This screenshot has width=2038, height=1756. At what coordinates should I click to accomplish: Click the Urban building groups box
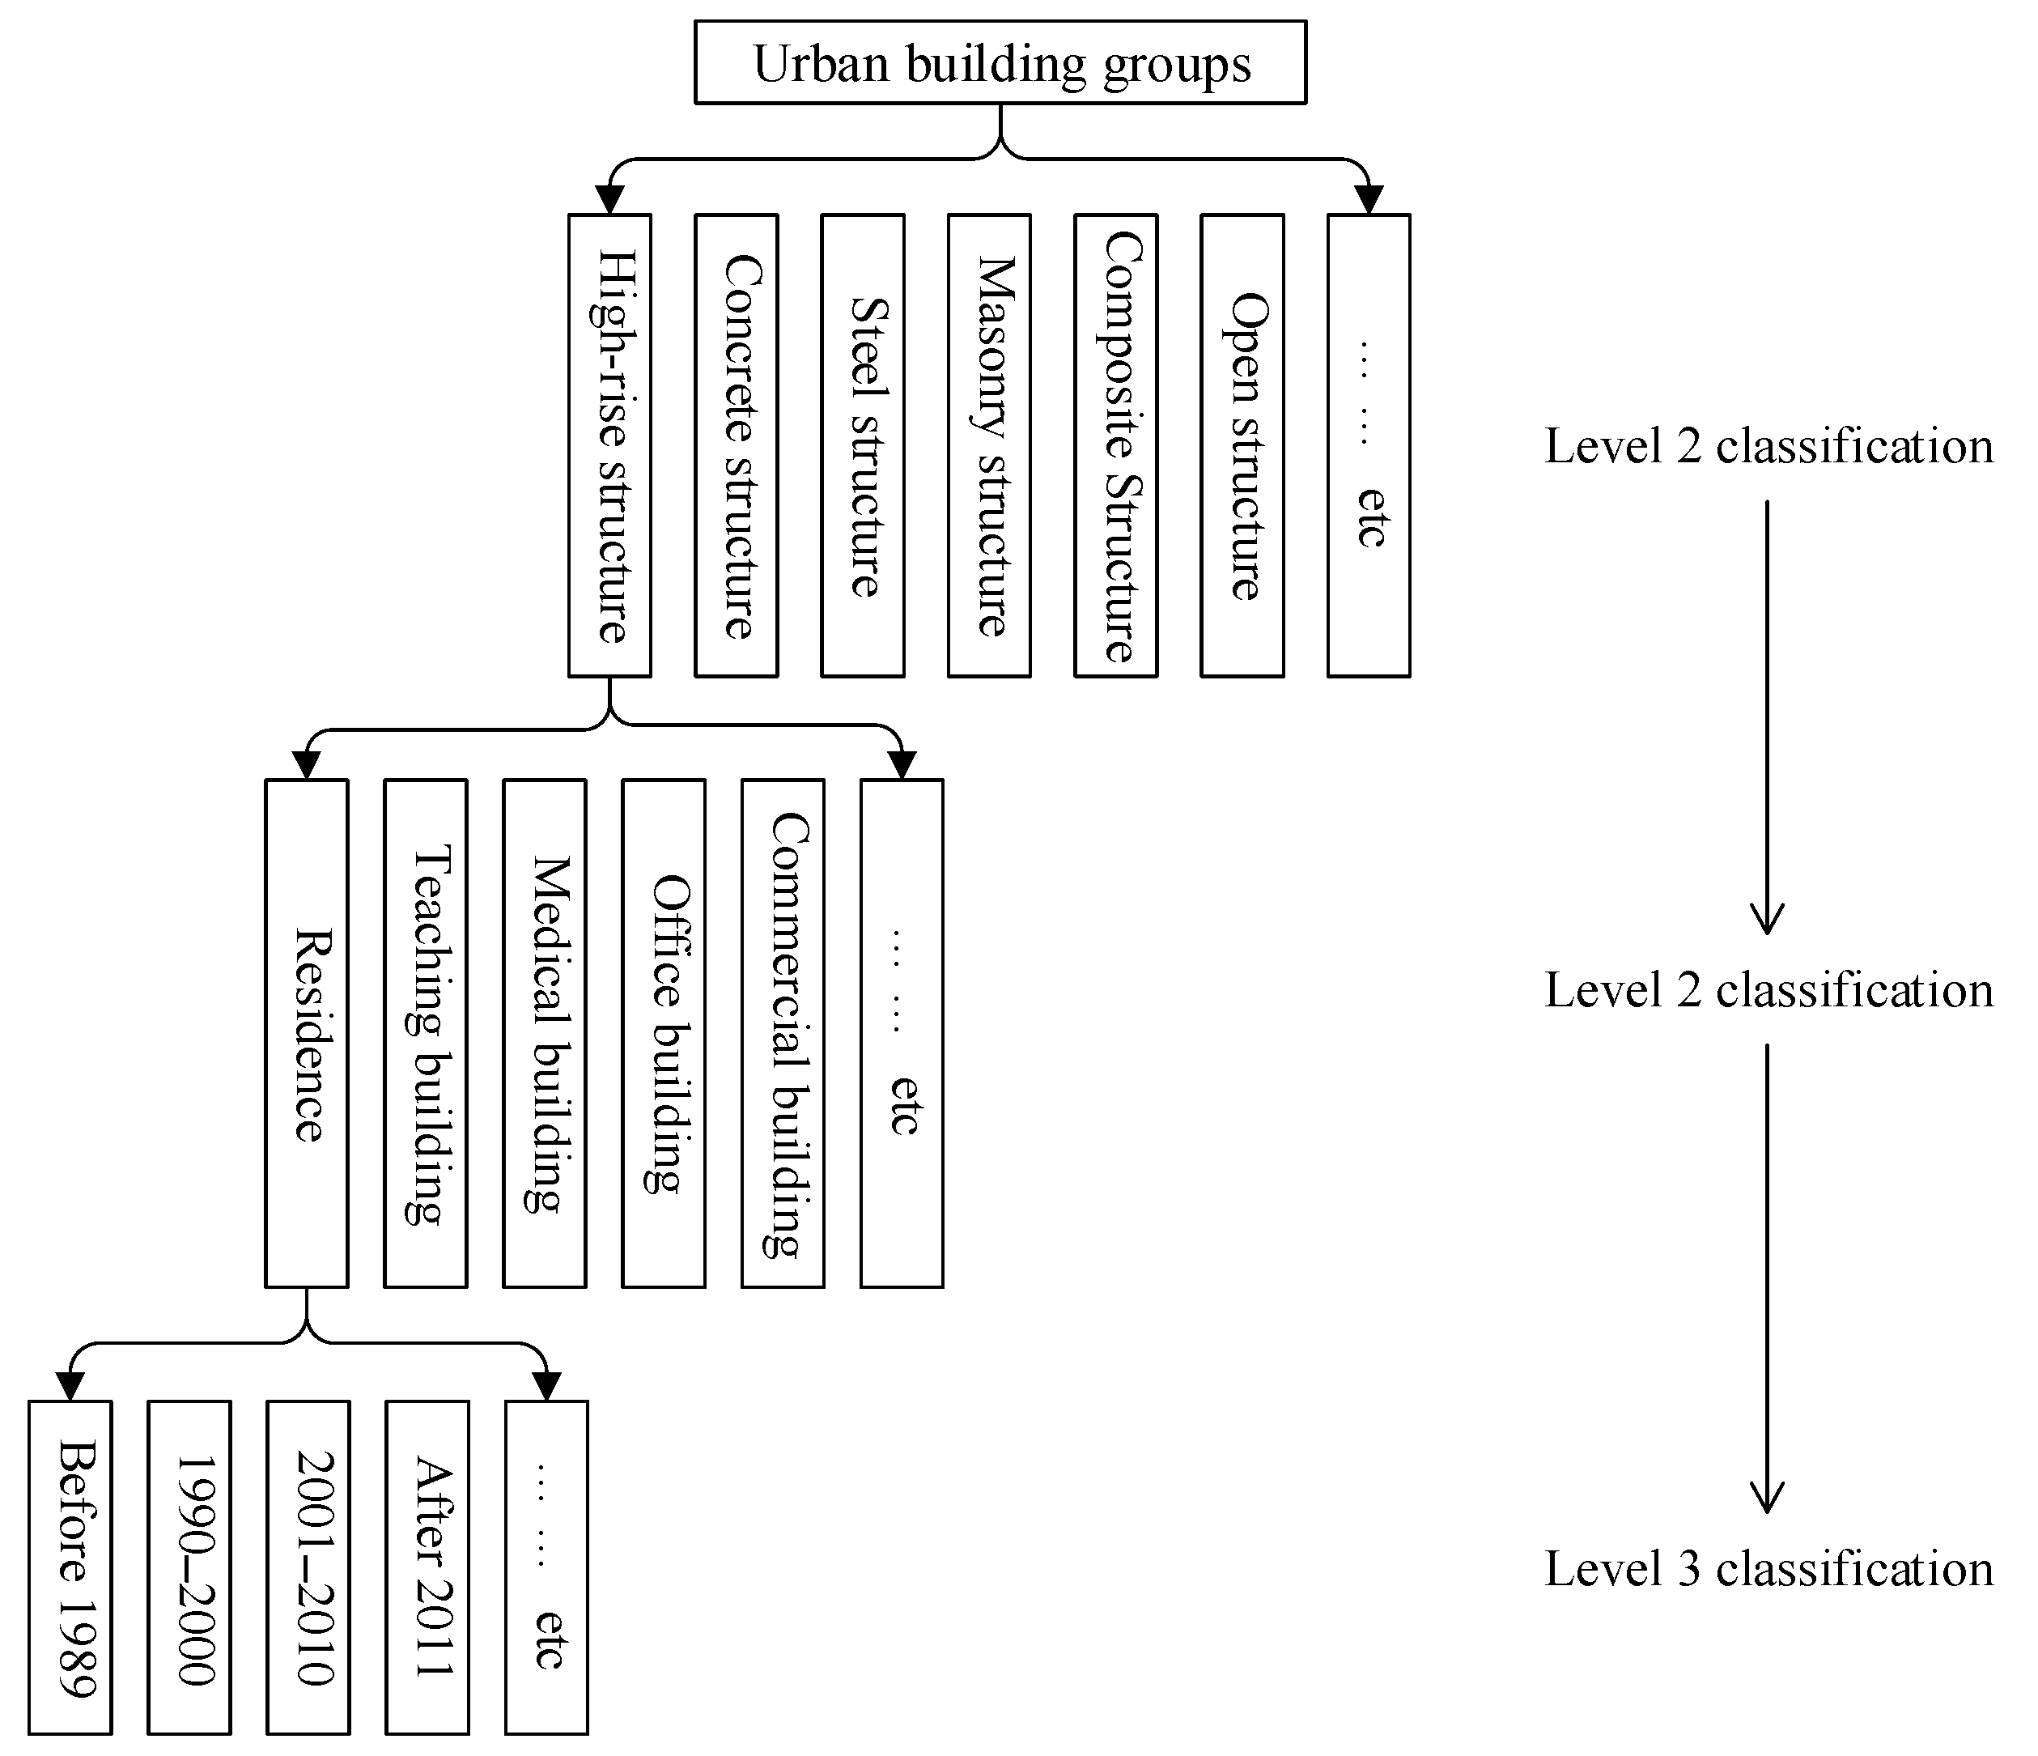coord(1000,62)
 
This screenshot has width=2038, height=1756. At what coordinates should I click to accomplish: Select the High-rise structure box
coord(609,445)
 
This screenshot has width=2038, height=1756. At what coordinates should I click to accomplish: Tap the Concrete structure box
coord(736,445)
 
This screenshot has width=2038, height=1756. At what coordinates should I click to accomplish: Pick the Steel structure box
coord(863,445)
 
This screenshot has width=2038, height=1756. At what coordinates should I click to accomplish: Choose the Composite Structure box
coord(1115,445)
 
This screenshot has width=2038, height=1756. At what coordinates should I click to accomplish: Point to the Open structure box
coord(1242,445)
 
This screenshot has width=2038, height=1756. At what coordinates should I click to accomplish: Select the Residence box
coord(306,1033)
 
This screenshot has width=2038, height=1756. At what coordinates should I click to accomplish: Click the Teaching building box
coord(425,1033)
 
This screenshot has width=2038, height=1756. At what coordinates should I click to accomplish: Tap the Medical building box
coord(544,1033)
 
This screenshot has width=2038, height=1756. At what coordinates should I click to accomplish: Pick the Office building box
coord(663,1033)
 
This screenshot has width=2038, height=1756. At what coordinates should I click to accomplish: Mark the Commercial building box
coord(783,1033)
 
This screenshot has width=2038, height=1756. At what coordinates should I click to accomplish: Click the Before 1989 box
coord(70,1567)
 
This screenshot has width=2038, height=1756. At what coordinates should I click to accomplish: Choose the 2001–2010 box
coord(308,1567)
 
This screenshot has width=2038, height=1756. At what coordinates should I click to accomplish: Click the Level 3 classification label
coord(1768,1568)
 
